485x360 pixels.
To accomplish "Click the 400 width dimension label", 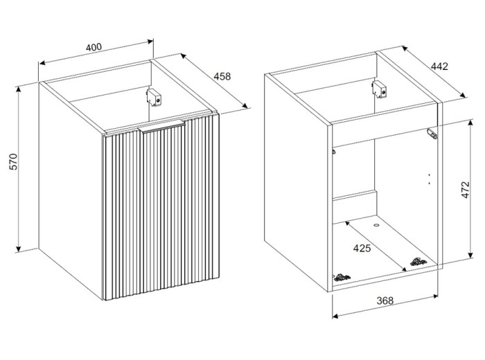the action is [94, 47].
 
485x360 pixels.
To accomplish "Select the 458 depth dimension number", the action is [222, 76].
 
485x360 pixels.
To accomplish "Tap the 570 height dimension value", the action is [15, 161].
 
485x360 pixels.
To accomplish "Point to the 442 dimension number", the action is [439, 66].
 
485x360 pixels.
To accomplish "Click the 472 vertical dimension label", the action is [465, 190].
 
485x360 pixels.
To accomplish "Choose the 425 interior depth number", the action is [362, 248].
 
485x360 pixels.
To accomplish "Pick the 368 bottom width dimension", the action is [385, 300].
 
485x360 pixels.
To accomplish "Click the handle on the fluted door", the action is [162, 126].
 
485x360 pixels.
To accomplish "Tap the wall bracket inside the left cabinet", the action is [154, 98].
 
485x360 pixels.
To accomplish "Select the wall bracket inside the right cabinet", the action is [379, 89].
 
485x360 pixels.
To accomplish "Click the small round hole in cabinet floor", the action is [376, 225].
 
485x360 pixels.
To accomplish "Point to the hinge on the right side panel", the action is [432, 134].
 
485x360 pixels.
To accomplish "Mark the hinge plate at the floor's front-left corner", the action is [341, 277].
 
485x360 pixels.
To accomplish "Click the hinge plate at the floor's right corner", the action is [418, 262].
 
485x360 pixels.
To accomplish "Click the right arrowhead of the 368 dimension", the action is [436, 296].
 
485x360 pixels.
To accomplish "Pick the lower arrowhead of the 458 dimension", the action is [245, 106].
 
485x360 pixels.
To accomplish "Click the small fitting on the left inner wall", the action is [334, 152].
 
